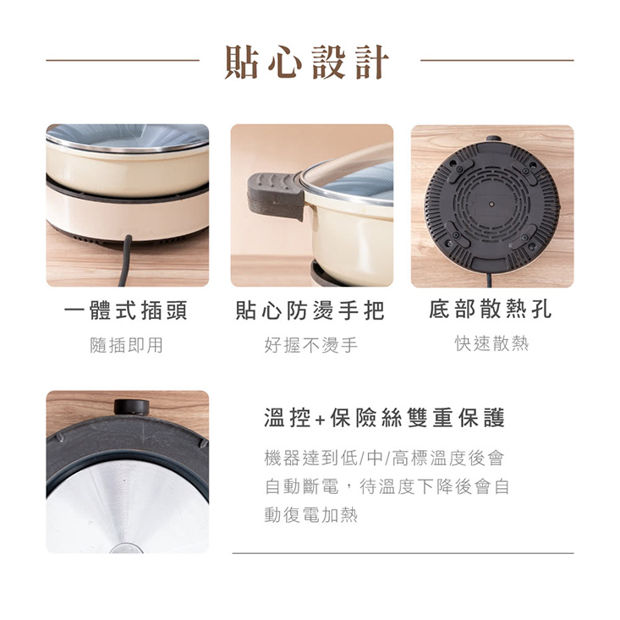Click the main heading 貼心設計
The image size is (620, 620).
point(309,62)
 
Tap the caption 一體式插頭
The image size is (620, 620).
point(127,310)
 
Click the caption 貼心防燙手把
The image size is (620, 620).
point(310,310)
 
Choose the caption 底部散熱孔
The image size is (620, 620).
point(491,310)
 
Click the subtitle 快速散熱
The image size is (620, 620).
point(491,343)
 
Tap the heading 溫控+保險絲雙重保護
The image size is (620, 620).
point(385,418)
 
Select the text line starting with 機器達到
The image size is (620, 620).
point(385,458)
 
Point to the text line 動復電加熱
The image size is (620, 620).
point(310,514)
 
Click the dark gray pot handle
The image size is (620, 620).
point(276,192)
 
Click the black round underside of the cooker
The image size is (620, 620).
point(491,208)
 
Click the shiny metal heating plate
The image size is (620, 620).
point(127,508)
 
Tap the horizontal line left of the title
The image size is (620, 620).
point(123,61)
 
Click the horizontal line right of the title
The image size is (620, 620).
point(497,61)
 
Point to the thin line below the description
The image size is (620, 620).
point(403,553)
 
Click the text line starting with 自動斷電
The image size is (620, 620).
point(387,486)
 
